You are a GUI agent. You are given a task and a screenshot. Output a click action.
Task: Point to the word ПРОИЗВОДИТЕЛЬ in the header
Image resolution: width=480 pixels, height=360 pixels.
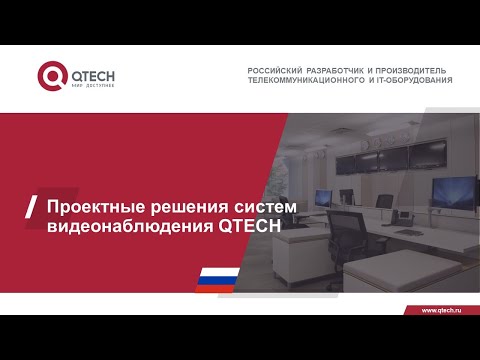[x=415, y=70]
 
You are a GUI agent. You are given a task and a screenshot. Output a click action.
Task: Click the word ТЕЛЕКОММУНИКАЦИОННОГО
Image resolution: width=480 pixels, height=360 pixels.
[x=315, y=80]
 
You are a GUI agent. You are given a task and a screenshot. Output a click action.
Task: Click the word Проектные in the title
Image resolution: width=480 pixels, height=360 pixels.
[x=92, y=206]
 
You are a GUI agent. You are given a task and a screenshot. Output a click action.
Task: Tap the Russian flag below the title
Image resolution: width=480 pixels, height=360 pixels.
[x=217, y=277]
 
